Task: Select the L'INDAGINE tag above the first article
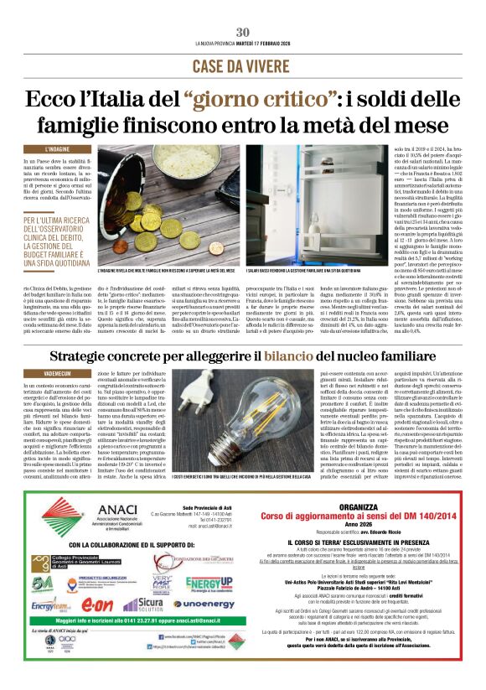51,149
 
